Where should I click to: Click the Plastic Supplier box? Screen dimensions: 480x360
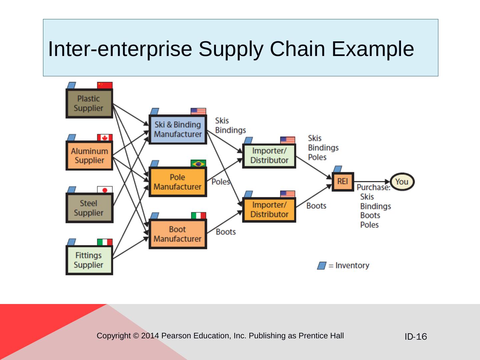tap(89, 103)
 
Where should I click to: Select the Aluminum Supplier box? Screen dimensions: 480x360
tap(89, 155)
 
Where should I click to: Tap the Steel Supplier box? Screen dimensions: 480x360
tap(89, 208)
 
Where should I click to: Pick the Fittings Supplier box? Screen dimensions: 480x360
tap(89, 260)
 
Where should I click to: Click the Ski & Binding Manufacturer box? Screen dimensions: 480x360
tap(178, 129)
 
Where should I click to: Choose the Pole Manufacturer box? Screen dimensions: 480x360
tap(178, 182)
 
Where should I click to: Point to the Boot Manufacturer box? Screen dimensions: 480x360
tap(178, 234)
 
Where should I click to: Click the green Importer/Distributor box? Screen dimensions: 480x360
tap(269, 156)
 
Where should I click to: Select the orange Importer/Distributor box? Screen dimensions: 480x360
tap(269, 210)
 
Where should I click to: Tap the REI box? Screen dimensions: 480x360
tap(343, 182)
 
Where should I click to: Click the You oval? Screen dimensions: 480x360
tap(402, 182)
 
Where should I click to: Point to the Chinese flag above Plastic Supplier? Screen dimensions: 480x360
tap(105, 85)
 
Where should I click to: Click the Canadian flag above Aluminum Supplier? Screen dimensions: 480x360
tap(105, 137)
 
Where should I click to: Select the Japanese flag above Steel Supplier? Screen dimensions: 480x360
tap(105, 190)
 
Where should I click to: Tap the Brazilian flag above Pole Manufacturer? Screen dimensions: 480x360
tap(198, 163)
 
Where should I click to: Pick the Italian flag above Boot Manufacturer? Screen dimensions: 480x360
tap(199, 216)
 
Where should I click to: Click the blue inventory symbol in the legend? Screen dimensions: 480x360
tap(322, 266)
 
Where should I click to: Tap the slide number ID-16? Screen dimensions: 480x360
tap(416, 336)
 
